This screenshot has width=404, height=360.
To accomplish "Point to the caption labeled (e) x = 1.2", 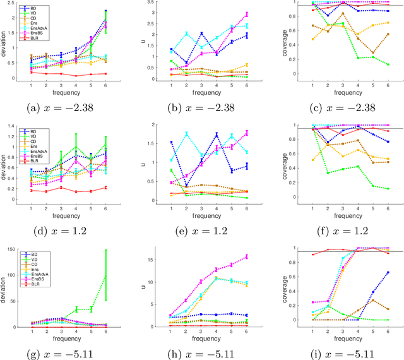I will pyautogui.click(x=202, y=229).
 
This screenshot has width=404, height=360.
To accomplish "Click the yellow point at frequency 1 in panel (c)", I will pyautogui.click(x=296, y=39).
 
